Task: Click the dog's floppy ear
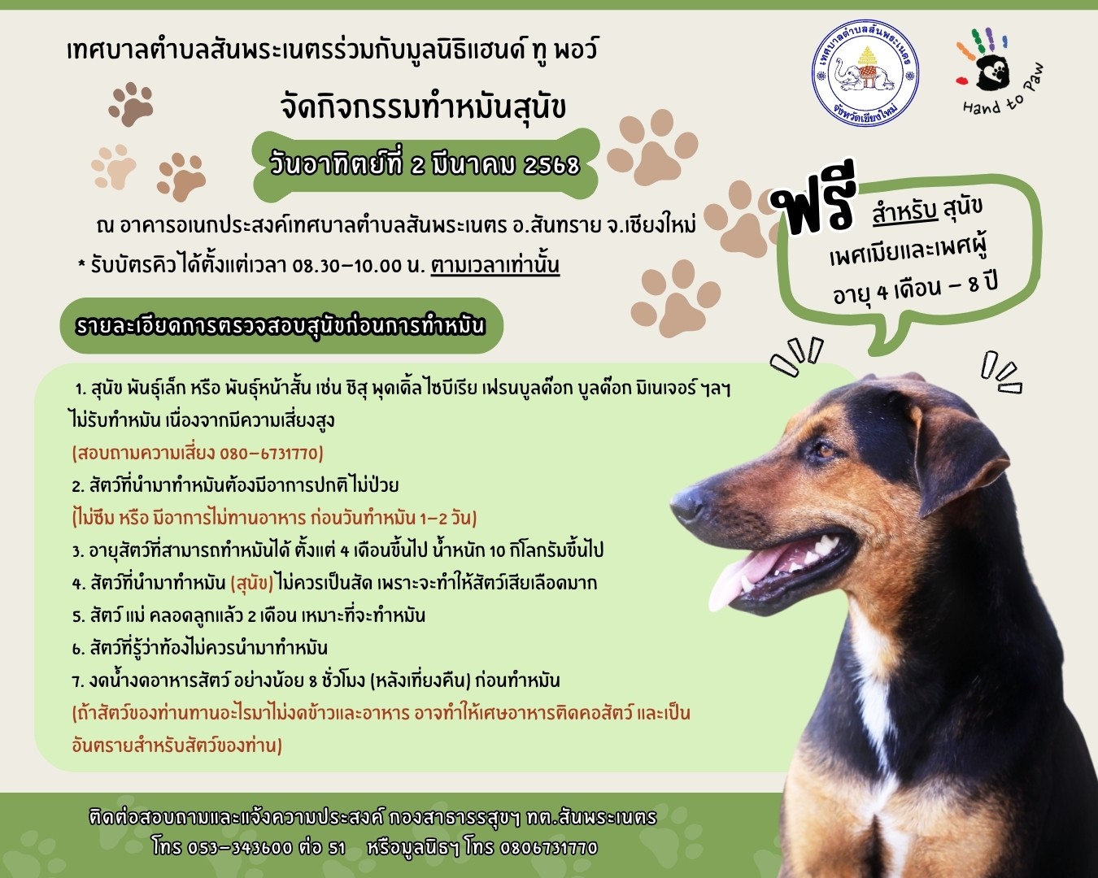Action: coord(959,459)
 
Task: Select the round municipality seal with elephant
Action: coord(865,73)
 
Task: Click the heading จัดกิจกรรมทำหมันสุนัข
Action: coord(423,107)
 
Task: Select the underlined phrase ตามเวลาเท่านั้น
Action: coord(495,266)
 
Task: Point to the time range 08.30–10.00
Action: coord(347,267)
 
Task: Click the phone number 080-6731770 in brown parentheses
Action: coord(269,454)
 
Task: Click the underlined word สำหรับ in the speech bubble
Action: coord(905,212)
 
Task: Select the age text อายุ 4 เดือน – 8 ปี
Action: coord(916,289)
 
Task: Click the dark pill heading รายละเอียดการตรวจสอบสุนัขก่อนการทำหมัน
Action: coord(281,326)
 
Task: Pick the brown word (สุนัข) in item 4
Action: coord(252,584)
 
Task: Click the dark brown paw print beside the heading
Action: coord(131,104)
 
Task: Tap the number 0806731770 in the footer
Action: coord(548,848)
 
